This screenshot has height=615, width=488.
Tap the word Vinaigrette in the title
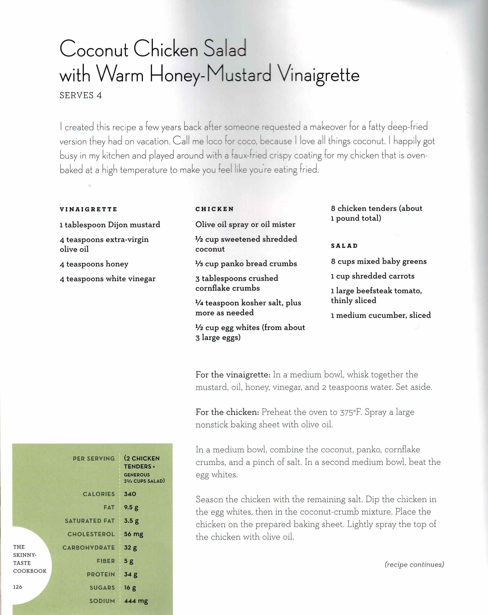point(318,75)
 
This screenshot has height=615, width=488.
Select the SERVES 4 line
point(81,95)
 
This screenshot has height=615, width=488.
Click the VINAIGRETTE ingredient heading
point(88,209)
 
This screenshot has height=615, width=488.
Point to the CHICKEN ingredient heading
point(214,209)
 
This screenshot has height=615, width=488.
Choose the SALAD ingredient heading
point(344,246)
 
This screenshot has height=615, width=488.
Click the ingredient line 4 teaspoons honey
point(94,264)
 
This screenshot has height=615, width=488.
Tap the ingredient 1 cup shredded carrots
point(373,276)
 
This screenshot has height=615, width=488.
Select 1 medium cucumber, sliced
point(380,315)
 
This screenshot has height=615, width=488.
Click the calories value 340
point(130,494)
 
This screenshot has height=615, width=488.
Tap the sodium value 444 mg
point(136,601)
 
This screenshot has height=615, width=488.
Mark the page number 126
point(18,587)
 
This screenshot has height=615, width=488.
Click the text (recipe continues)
point(414,564)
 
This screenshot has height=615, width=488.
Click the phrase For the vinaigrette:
point(233,375)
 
